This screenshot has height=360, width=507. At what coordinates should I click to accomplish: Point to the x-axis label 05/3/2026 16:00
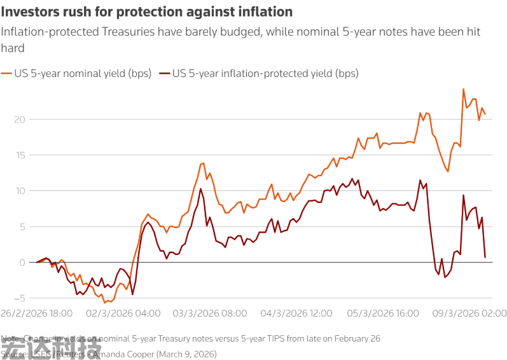(383, 314)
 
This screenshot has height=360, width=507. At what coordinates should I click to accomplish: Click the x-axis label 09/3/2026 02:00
(469, 314)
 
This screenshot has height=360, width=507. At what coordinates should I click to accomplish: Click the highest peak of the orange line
(463, 89)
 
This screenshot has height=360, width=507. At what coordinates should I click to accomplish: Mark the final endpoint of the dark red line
(485, 257)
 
